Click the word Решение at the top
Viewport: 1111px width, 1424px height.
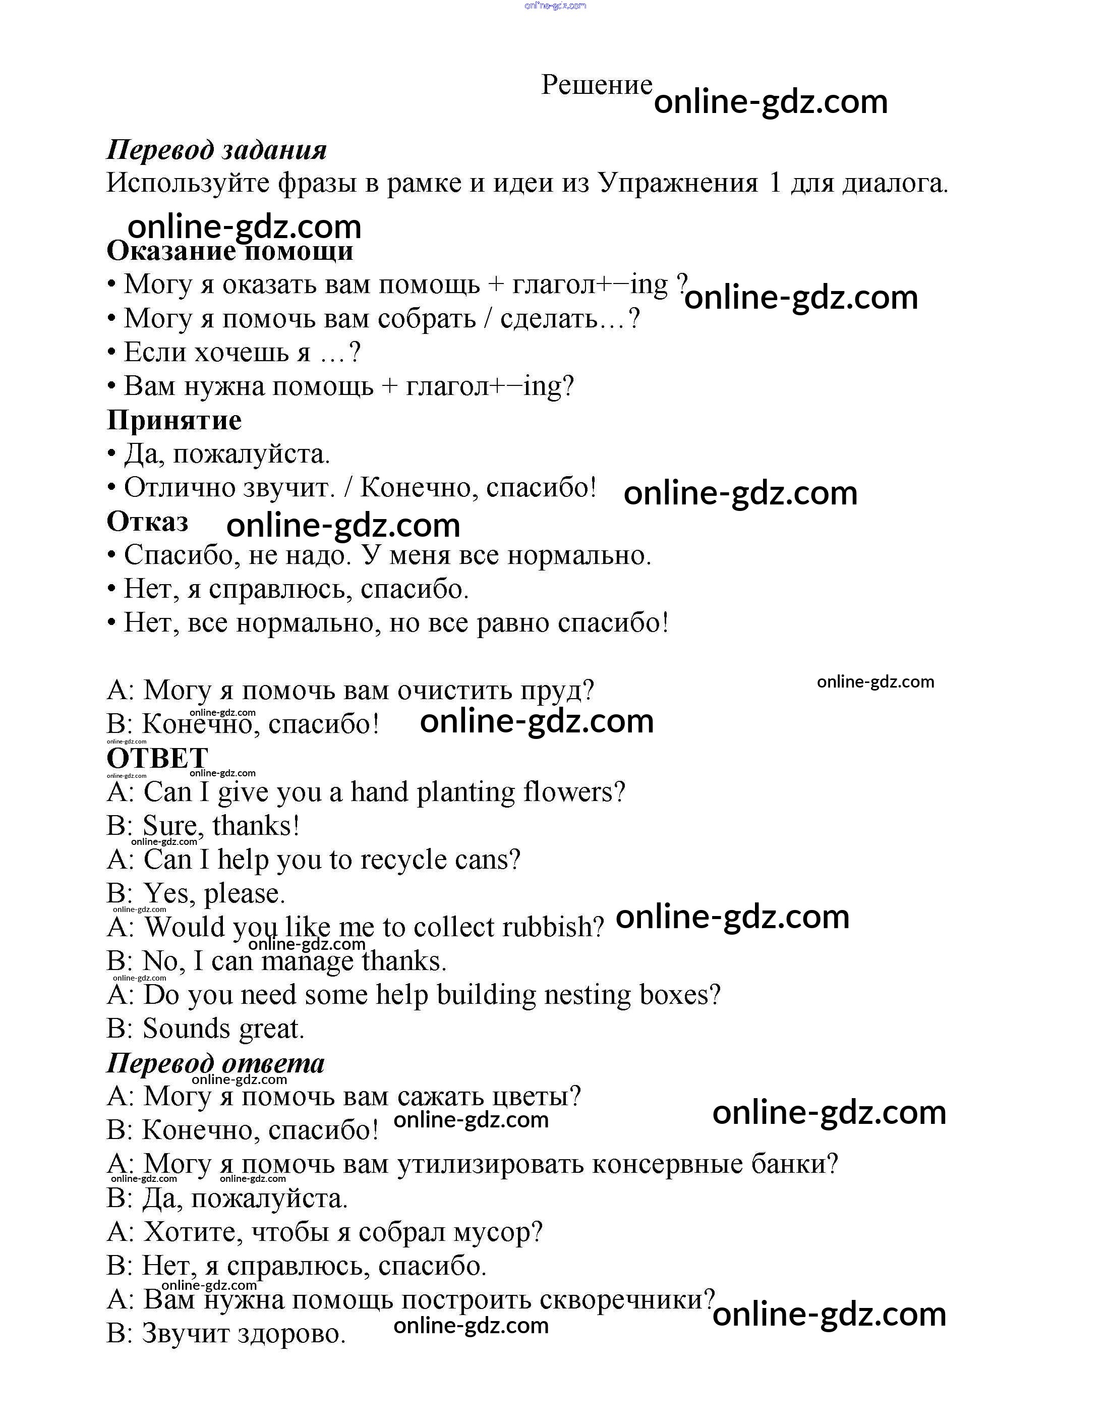[596, 85]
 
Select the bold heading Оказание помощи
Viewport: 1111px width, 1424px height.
[229, 251]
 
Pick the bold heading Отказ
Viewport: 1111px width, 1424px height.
[147, 522]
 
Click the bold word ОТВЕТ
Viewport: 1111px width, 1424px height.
[157, 758]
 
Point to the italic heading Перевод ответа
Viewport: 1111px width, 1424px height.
[215, 1063]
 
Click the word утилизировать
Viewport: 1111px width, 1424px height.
[490, 1165]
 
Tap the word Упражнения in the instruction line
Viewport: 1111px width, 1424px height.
[678, 184]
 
